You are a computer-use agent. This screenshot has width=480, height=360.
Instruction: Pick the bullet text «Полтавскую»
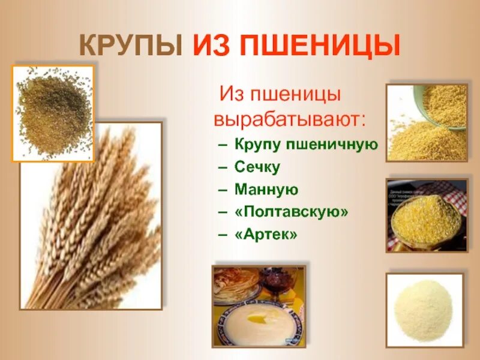click(292, 212)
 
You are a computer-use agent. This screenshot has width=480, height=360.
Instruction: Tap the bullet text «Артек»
click(266, 234)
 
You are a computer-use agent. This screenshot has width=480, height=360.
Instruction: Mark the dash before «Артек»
click(223, 234)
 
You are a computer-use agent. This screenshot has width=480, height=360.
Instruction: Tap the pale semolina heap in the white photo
click(424, 308)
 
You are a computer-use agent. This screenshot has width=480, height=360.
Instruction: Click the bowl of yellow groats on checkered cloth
click(425, 218)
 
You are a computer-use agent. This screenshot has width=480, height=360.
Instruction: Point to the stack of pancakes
click(236, 282)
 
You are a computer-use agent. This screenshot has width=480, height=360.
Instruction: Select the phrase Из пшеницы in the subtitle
click(280, 94)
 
